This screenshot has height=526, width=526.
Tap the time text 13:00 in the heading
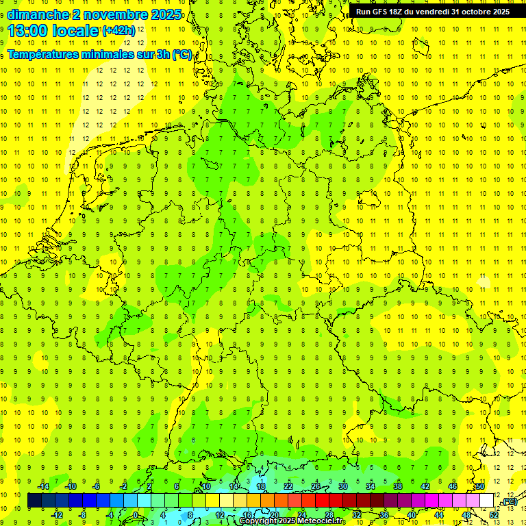click(32, 30)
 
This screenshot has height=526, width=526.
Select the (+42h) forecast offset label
click(118, 31)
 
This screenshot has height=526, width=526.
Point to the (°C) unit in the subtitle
click(182, 54)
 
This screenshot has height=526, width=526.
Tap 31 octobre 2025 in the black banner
click(480, 12)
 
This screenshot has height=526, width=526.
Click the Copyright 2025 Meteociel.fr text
click(291, 521)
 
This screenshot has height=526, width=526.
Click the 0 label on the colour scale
click(136, 514)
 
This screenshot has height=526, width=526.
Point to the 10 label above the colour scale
click(205, 486)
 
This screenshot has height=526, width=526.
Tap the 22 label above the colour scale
click(288, 486)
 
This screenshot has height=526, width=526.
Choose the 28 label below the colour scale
click(329, 514)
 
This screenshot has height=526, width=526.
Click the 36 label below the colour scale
click(384, 514)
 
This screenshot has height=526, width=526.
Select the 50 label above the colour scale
click(480, 486)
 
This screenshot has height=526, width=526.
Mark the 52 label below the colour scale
click(494, 514)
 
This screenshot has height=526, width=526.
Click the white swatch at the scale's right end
click(487, 501)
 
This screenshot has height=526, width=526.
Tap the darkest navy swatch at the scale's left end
click(34, 501)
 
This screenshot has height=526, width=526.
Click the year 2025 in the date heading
click(164, 14)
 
